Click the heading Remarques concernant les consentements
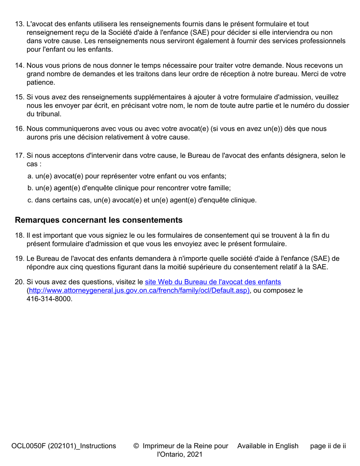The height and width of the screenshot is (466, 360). pos(99,220)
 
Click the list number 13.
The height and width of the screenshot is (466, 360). pos(19,24)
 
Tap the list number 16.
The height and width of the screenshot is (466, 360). pos(19,129)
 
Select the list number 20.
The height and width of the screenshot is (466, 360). pos(19,282)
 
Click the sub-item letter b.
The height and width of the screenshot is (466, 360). pos(30,188)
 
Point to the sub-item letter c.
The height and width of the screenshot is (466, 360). pos(30,200)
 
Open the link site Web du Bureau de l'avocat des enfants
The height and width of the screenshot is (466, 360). pos(213,282)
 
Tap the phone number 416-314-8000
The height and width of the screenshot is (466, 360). pos(49,299)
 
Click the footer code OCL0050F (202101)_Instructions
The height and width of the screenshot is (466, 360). pos(64,446)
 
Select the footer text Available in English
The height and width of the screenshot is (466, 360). pos(268,446)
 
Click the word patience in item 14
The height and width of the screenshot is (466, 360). pos(41,82)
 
